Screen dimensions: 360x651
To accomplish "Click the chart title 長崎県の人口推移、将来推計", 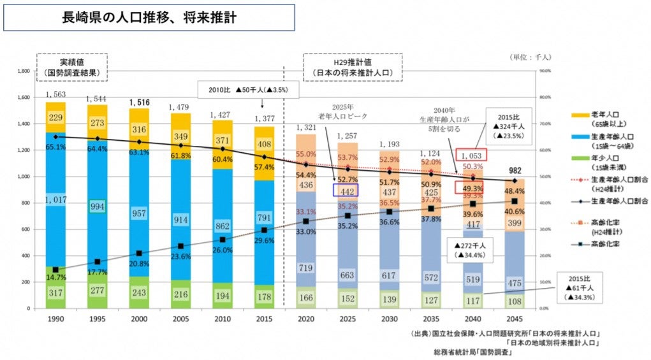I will tap(149, 17).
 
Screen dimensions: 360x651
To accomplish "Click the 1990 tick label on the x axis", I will tap(55, 318).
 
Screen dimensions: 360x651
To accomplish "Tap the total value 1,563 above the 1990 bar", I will tap(56, 94).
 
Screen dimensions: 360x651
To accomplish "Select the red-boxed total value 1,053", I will tap(472, 154).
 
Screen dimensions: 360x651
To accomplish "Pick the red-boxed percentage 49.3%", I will tap(472, 187).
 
